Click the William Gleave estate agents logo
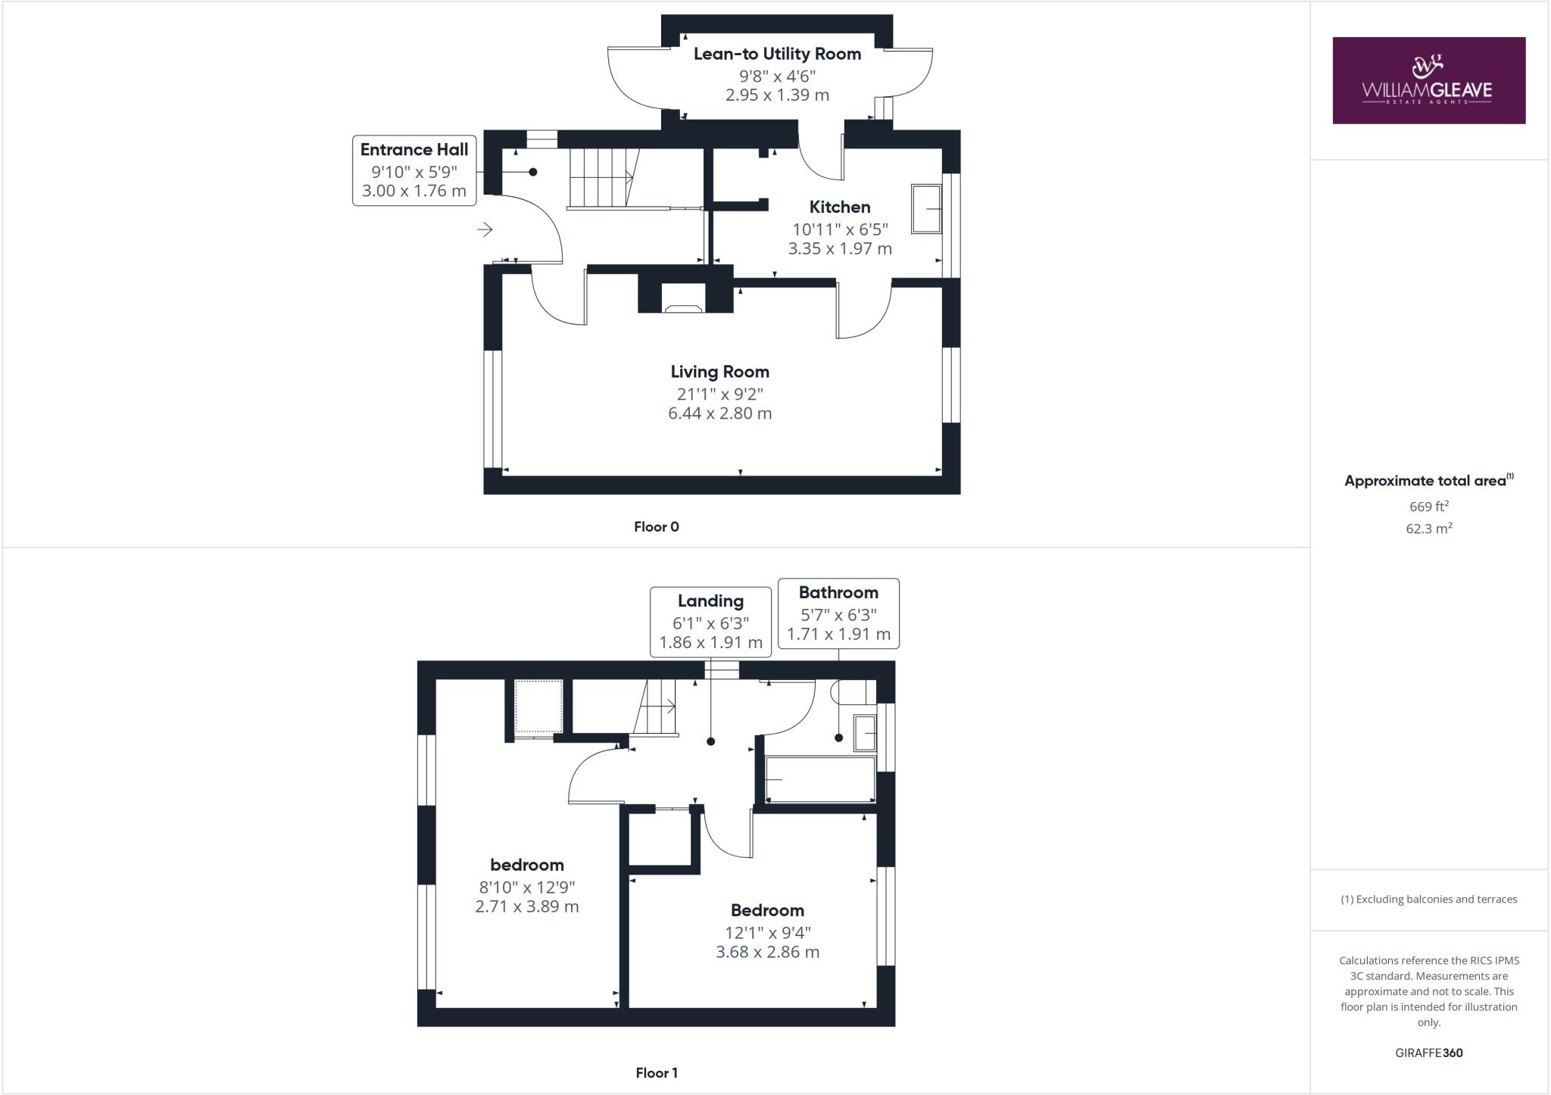[1428, 80]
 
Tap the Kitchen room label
[840, 207]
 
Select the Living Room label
[719, 372]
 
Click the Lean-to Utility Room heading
[777, 54]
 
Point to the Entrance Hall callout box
[414, 170]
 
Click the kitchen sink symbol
[925, 208]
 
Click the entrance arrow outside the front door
[485, 229]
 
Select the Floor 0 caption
[657, 527]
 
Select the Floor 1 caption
[657, 1073]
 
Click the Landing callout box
[710, 622]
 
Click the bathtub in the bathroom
[820, 779]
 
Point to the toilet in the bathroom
[849, 692]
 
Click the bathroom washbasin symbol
[865, 732]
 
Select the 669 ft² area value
[1428, 506]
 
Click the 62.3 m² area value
[1428, 529]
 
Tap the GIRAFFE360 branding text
[1428, 1053]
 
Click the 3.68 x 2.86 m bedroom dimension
[767, 952]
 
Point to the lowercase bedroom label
[527, 865]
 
